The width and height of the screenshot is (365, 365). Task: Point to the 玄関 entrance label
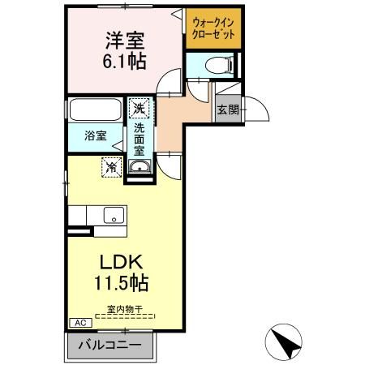tap(228, 109)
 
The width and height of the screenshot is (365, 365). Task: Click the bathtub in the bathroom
tap(93, 109)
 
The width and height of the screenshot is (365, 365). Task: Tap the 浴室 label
tap(95, 135)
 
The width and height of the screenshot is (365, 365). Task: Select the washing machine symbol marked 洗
tap(138, 108)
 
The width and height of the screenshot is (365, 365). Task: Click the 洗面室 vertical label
tap(139, 138)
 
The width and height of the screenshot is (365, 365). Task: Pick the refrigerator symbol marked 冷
tap(110, 166)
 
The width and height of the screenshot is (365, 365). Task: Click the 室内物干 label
tap(123, 309)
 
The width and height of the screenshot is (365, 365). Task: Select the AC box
tap(80, 322)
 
